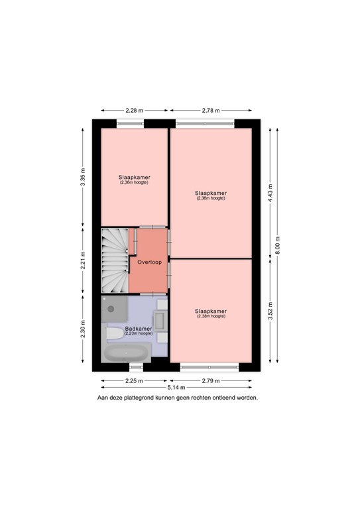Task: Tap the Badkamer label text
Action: (138, 329)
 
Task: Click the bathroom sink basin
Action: (160, 325)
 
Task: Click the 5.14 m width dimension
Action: (176, 387)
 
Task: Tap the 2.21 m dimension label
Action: (83, 260)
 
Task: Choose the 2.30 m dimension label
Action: (83, 329)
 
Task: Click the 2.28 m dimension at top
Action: (135, 111)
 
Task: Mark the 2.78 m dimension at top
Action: (211, 111)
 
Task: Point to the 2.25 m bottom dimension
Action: (134, 380)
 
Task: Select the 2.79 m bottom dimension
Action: (211, 380)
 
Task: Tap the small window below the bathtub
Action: (135, 366)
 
